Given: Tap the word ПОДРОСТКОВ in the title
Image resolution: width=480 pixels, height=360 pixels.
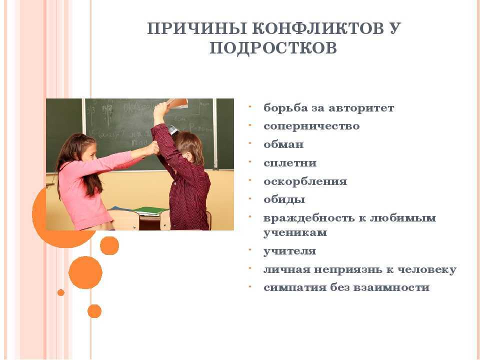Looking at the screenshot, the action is (x=273, y=48).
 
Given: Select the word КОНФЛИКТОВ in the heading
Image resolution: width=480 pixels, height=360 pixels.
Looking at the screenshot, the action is (x=318, y=28).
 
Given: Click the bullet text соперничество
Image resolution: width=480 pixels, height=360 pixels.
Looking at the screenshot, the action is (x=311, y=126).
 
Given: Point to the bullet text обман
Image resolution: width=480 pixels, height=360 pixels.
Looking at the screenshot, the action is (x=283, y=144).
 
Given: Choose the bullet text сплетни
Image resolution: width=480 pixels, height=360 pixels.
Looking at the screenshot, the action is (x=290, y=163).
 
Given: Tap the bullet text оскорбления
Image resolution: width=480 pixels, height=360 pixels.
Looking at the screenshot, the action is (x=305, y=181).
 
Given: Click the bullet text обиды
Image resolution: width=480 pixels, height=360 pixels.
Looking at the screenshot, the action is (x=284, y=199).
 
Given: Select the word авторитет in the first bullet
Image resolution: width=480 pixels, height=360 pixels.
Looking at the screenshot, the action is (x=361, y=108).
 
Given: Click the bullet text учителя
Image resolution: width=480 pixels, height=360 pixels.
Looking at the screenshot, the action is (x=289, y=251).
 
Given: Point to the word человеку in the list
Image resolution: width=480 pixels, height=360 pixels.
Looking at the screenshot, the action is (x=427, y=269).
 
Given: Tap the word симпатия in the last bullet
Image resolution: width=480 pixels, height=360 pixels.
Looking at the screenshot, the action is (x=295, y=288).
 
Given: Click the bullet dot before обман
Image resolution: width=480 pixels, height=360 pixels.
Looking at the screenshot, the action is (x=250, y=143).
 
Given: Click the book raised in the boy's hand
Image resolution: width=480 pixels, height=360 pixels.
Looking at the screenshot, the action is (x=177, y=103).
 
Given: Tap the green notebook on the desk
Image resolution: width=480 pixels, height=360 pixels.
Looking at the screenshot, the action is (x=150, y=210).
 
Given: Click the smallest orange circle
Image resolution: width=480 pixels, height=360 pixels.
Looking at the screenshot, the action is (x=61, y=292).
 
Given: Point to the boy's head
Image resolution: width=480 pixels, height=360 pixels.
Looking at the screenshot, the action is (x=188, y=146).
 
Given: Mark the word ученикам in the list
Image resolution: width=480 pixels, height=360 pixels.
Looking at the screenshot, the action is (x=295, y=232).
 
